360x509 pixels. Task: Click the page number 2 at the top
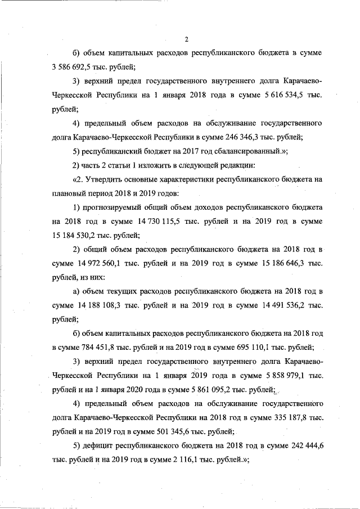point(186,39)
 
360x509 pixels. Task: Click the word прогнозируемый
point(116,208)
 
